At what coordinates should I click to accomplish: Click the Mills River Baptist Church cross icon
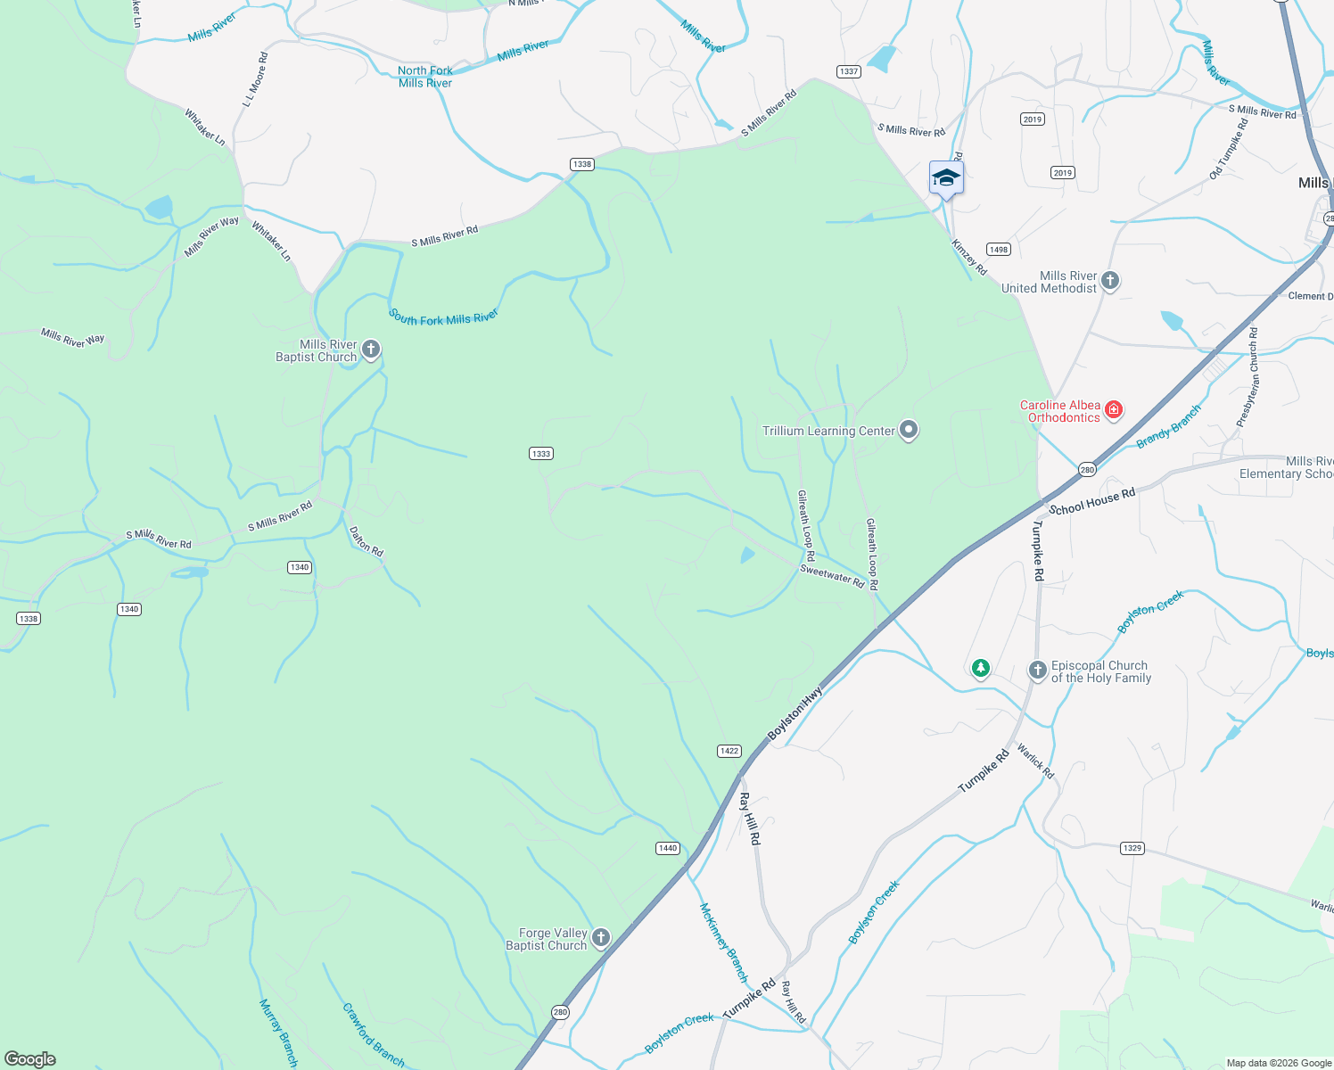click(x=371, y=350)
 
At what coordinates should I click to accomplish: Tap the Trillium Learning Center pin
click(x=909, y=430)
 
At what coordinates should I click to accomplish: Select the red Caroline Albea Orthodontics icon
click(x=1113, y=410)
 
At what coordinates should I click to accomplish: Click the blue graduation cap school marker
click(x=946, y=178)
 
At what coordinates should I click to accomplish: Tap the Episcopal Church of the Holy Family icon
click(x=1037, y=671)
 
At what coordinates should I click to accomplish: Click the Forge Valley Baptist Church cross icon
click(x=601, y=937)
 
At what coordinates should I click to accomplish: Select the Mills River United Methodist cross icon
click(x=1110, y=281)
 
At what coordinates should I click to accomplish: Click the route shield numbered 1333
click(x=541, y=453)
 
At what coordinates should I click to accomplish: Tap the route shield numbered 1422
click(x=729, y=751)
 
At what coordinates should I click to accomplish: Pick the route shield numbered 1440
click(x=668, y=848)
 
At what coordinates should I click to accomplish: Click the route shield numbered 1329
click(x=1132, y=848)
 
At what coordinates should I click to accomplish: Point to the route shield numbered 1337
click(x=848, y=71)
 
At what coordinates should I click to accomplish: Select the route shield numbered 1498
click(x=998, y=250)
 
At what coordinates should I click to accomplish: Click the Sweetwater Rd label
click(x=832, y=576)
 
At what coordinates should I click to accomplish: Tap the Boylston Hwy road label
click(x=795, y=712)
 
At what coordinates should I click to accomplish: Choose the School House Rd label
click(x=1092, y=502)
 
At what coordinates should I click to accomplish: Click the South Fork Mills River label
click(x=443, y=317)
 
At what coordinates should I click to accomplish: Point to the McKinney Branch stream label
click(x=723, y=942)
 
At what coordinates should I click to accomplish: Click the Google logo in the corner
click(x=30, y=1059)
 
